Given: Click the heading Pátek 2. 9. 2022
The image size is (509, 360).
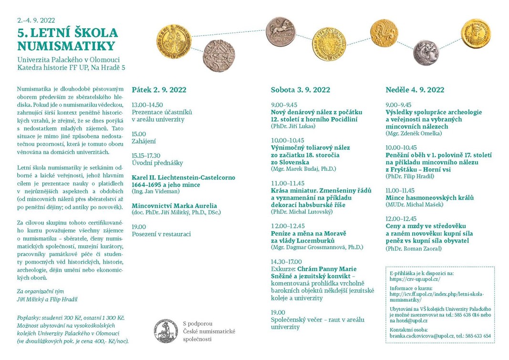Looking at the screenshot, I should coord(159,90).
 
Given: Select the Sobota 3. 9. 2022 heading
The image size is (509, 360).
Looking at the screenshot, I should coord(300,90).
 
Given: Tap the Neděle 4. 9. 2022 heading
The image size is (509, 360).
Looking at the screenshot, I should coord(415,90).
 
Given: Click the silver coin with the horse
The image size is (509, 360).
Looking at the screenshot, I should coord(280,31).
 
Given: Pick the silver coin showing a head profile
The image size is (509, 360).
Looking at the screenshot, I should coord(426,52).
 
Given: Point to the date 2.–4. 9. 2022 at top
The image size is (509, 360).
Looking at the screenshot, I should coord(36,21).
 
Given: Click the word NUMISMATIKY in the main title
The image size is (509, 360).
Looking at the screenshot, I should coord(66,46).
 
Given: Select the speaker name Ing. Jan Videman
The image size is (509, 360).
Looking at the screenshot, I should coord(156,191).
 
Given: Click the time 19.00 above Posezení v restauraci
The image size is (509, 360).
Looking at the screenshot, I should coord(139,226).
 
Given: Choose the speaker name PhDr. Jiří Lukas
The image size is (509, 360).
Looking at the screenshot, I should coord(294,127).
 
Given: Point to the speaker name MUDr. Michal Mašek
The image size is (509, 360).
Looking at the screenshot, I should coord(414,205).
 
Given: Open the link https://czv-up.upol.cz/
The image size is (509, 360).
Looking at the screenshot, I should coord(415,279).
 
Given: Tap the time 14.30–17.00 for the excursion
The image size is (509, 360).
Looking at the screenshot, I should coord(286,262).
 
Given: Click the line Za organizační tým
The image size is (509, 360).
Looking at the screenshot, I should coord(41,291).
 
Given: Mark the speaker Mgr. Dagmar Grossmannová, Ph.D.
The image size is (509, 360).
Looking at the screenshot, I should coord(317,247).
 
